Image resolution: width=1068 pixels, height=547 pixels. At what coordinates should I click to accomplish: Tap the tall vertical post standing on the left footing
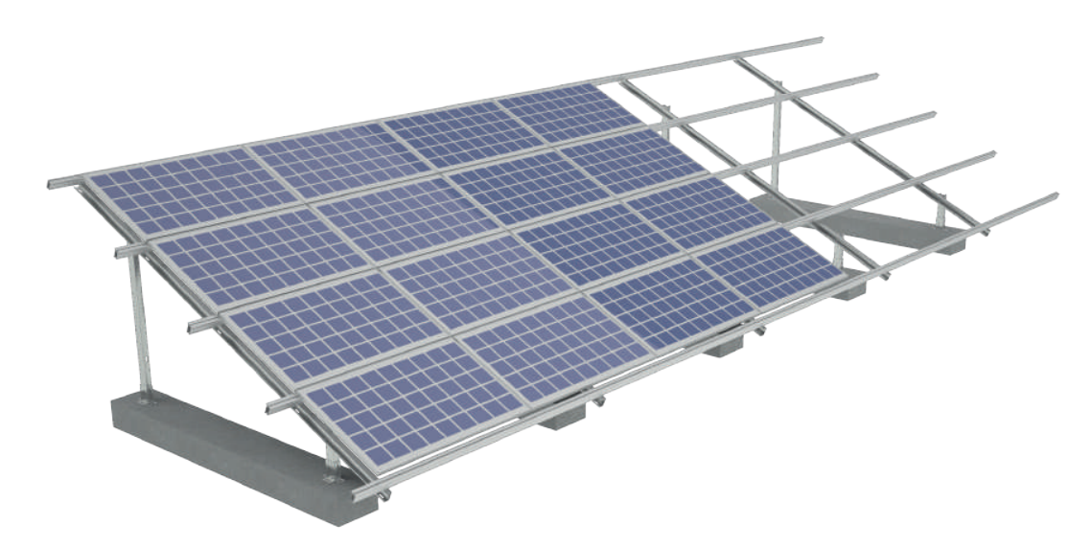139,316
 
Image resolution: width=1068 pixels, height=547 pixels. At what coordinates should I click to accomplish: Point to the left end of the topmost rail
53,182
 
